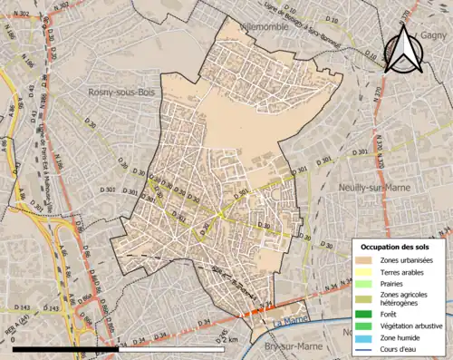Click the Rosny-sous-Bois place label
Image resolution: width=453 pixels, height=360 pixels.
coord(124,92)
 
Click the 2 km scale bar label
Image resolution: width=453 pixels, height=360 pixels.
coord(233,339)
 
